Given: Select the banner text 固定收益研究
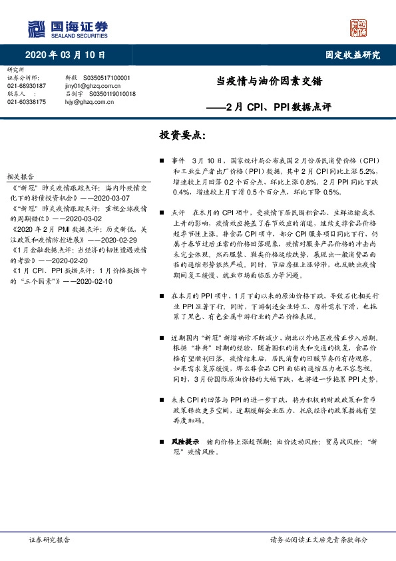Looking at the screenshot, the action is click(353, 55).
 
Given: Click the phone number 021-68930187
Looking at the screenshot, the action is click(27, 86).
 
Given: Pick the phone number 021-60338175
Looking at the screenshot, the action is click(27, 102).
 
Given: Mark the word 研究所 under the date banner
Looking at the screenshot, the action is click(15, 70).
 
